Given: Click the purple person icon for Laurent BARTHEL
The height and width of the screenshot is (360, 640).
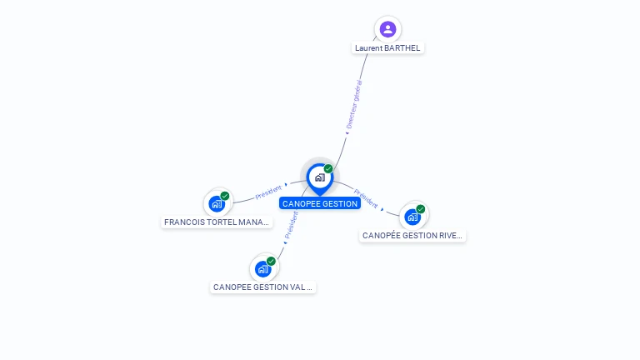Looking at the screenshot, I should (x=387, y=29).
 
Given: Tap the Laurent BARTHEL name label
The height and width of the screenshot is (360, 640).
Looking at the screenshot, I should (x=387, y=48).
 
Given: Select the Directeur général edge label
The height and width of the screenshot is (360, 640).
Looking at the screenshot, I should (x=354, y=105).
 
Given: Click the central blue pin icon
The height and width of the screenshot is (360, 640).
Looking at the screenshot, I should (x=319, y=177).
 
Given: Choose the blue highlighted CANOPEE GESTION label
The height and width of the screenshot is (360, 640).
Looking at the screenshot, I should (x=320, y=203).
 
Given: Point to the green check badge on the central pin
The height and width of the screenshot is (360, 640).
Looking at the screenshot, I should (x=328, y=169).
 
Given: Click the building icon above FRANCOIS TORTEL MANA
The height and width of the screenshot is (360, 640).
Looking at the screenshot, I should (x=217, y=202).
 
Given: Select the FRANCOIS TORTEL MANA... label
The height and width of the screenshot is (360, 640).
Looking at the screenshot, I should (x=217, y=222).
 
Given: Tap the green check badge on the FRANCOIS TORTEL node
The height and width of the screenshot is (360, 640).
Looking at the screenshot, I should (x=225, y=196).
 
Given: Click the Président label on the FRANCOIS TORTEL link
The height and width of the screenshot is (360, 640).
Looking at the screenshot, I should (x=269, y=192).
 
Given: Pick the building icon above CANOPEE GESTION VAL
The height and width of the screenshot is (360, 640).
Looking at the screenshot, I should (x=263, y=268).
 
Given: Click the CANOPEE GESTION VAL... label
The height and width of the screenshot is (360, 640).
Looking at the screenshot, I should (x=263, y=287).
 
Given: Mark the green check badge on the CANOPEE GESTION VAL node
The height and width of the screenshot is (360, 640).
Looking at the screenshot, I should (x=271, y=261).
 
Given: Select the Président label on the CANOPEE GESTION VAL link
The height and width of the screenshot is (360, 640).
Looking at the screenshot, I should (x=291, y=224).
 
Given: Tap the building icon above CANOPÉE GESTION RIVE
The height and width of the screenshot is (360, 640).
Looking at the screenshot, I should (x=412, y=217).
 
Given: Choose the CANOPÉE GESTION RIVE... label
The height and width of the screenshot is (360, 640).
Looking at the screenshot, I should (x=412, y=236).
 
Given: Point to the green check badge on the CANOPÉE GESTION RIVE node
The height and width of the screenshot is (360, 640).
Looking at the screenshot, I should (x=420, y=209).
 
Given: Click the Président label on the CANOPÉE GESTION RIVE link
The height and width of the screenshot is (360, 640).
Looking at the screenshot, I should (x=365, y=199).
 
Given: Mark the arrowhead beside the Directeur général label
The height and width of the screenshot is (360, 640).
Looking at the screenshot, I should (x=347, y=132).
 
